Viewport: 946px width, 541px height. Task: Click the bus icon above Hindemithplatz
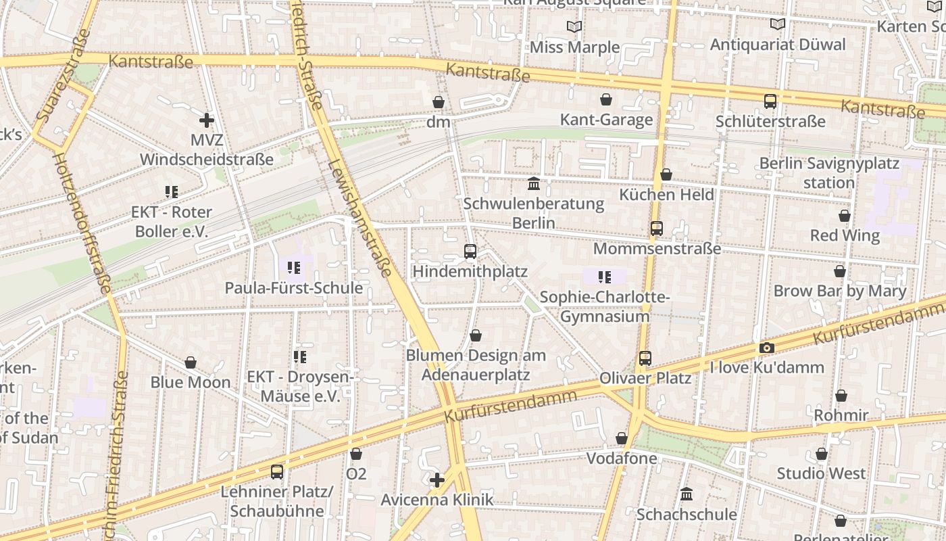[x=470, y=252]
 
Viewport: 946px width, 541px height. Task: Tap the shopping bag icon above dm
[x=439, y=102]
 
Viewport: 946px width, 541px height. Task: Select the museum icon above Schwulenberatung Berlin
[x=534, y=183]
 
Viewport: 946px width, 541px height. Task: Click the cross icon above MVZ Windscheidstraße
[x=207, y=121]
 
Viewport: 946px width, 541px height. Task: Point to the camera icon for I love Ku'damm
[x=766, y=348]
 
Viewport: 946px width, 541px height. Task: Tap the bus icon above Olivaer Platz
[x=645, y=358]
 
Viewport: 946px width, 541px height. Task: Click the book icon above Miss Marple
[x=574, y=26]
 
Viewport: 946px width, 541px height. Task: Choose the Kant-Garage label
[x=606, y=120]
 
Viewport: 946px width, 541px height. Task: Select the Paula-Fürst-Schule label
[x=293, y=287]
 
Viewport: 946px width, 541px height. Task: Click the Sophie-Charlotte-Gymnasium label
[x=605, y=307]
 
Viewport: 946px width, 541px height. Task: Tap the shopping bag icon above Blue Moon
[x=191, y=362]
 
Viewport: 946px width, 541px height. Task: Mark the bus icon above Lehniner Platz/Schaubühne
[x=277, y=471]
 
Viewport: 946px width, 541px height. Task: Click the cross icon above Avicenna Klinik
[x=437, y=480]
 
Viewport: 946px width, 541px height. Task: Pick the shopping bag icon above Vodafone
[x=622, y=439]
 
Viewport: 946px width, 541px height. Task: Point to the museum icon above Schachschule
[x=687, y=494]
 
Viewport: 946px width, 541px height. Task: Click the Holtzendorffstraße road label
[x=82, y=223]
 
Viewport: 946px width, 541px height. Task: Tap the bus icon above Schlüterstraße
[x=770, y=101]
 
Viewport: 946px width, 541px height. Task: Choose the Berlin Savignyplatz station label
[x=829, y=173]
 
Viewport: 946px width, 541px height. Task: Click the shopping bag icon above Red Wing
[x=845, y=216]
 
